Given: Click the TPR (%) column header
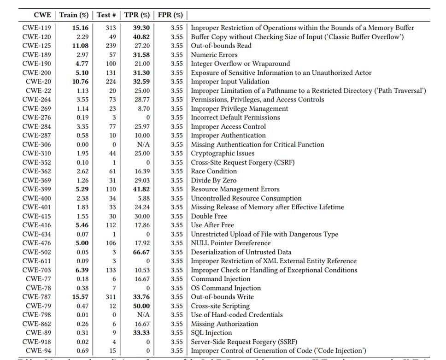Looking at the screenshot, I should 137,15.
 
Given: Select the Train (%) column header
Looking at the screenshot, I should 74,15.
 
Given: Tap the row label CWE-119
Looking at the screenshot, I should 37,28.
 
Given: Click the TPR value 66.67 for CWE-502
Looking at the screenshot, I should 141,252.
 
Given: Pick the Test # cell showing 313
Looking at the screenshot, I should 111,28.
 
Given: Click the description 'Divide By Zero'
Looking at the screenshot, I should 213,180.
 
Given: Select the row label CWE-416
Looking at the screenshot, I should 37,225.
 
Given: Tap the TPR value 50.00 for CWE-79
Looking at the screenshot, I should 141,306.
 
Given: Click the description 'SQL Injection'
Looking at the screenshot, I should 211,333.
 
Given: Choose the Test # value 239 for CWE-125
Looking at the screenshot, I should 111,46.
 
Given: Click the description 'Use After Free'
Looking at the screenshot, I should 212,225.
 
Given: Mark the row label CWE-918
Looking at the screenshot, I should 37,342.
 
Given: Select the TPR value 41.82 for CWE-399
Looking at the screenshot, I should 141,189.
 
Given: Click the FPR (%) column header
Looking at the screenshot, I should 170,15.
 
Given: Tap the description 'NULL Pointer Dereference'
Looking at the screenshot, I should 231,243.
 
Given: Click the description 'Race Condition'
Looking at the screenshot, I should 214,171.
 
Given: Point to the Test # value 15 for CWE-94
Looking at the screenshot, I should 112,351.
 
